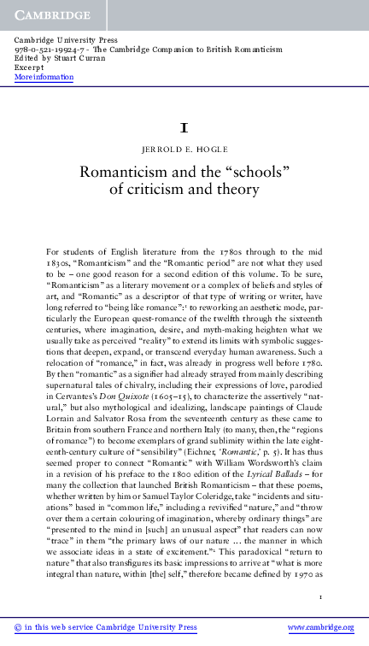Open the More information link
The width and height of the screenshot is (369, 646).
[44, 78]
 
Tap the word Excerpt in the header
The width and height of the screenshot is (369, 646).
[30, 68]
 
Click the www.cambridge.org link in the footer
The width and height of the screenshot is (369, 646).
[321, 628]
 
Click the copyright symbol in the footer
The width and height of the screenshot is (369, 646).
[17, 628]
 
